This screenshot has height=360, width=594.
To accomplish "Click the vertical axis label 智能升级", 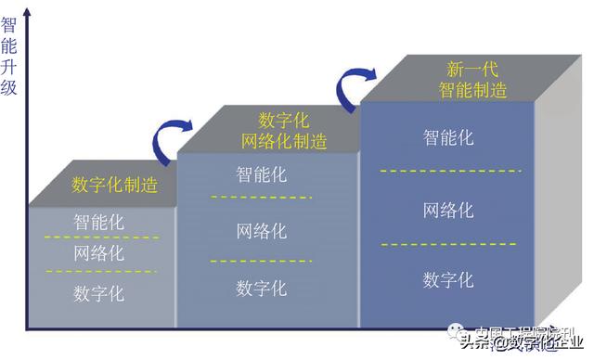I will tap(9, 56).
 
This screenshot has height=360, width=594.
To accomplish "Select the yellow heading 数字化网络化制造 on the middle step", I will tap(284, 131).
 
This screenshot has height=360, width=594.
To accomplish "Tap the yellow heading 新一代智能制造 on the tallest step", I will tap(472, 79).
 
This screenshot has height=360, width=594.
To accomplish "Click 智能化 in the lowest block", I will tap(99, 223).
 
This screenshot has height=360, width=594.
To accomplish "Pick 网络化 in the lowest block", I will tap(99, 253).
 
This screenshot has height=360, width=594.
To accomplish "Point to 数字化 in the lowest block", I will tap(99, 293).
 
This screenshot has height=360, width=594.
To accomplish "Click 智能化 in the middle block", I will tap(262, 174).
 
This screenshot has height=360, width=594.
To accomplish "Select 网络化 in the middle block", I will tap(262, 230).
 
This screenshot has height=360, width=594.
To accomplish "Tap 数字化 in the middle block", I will tap(262, 287).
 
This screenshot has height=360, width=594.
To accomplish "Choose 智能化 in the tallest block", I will tap(449, 137).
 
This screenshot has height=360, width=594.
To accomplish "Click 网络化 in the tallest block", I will tap(449, 210).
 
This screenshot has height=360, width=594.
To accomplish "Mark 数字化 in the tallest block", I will tap(449, 279).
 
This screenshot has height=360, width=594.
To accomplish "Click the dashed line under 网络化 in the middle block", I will tap(260, 261).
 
